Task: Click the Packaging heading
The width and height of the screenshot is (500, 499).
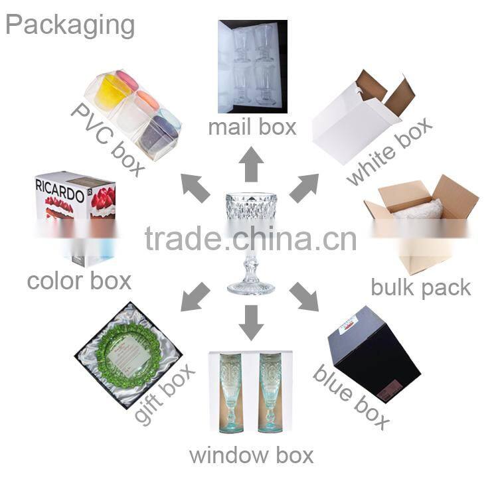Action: click(70, 25)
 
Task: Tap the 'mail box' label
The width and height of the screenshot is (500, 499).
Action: click(252, 127)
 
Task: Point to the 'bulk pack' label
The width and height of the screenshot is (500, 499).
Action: click(421, 288)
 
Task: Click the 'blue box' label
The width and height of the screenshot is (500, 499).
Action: click(351, 397)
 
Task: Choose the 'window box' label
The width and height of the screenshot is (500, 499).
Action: click(251, 455)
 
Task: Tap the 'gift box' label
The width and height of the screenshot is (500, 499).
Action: click(164, 394)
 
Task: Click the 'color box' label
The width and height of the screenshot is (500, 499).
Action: click(79, 281)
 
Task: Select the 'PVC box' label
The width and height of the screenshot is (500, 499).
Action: click(108, 139)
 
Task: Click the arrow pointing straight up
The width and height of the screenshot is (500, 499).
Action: click(252, 165)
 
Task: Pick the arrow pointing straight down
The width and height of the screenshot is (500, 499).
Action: click(252, 322)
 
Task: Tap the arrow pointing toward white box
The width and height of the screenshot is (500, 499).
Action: click(304, 188)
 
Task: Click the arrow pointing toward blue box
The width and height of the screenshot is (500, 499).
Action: click(304, 297)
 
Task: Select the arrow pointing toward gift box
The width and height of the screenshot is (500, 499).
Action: click(195, 297)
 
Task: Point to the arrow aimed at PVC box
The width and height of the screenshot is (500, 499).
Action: click(195, 188)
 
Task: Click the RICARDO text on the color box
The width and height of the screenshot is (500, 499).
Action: click(60, 190)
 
